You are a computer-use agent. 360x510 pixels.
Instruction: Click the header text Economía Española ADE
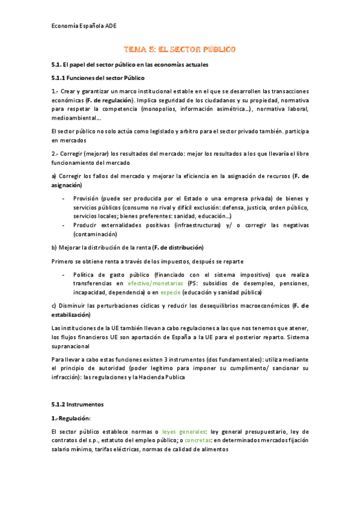pyautogui.click(x=84, y=26)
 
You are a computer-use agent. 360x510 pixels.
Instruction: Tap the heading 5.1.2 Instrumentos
pyautogui.click(x=78, y=404)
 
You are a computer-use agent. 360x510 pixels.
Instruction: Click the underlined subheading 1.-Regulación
pyautogui.click(x=71, y=417)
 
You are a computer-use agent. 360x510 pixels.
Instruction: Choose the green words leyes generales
pyautogui.click(x=183, y=431)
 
